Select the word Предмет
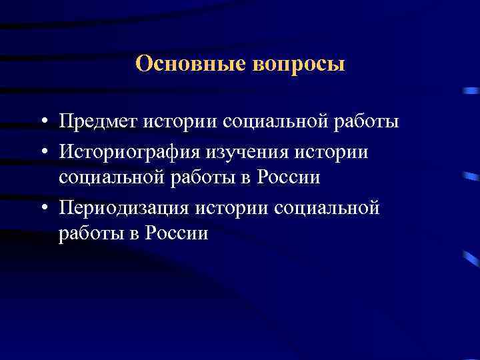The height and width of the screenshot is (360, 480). click(x=97, y=123)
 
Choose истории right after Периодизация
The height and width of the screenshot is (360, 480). click(x=232, y=208)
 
